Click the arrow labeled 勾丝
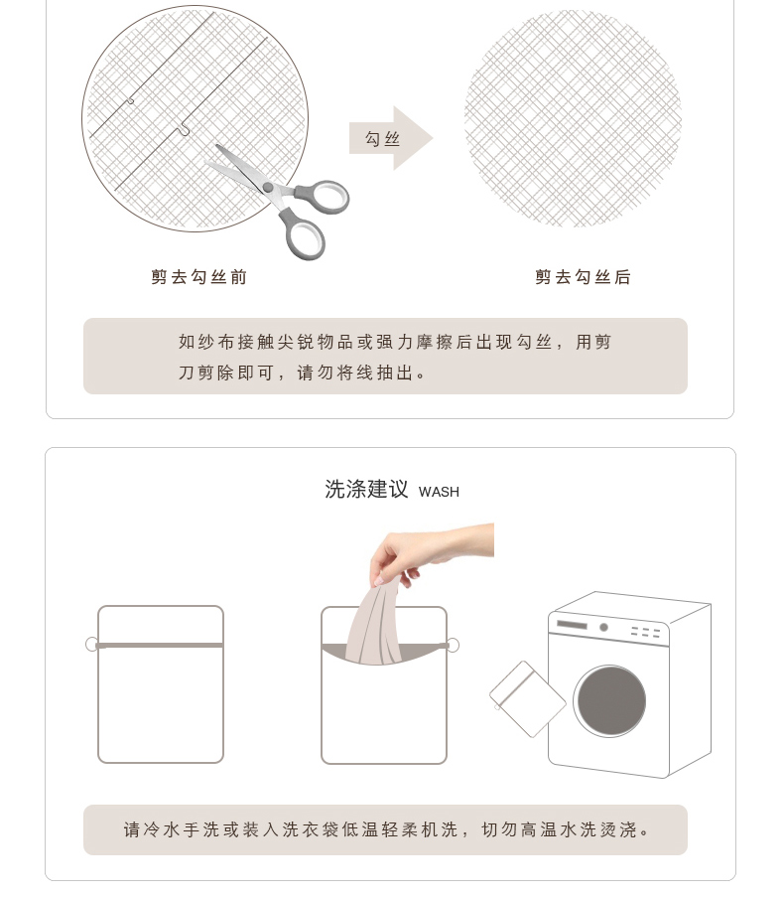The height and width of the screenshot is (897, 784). (391, 138)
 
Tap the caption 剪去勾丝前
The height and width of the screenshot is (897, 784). (198, 277)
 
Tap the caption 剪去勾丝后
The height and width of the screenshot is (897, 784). (583, 277)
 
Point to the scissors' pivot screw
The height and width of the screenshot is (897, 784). (267, 187)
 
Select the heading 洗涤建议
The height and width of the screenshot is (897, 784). (367, 490)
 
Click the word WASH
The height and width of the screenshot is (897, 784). (439, 492)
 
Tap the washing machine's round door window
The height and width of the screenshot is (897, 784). (611, 701)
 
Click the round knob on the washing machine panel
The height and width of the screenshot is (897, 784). (603, 628)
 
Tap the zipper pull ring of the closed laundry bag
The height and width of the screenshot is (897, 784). (91, 645)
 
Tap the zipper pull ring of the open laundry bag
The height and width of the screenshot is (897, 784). (453, 646)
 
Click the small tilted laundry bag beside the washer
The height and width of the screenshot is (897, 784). (527, 699)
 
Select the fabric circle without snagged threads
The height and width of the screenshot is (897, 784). (574, 118)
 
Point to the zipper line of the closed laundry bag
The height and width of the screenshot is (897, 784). (160, 646)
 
